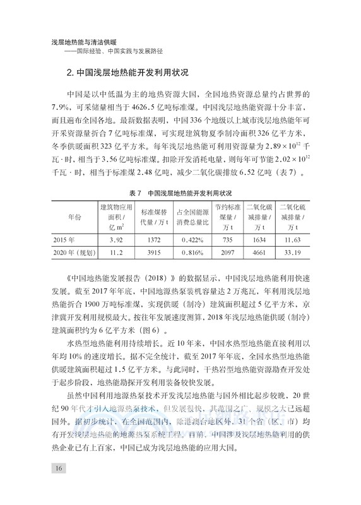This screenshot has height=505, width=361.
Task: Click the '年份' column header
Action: pos(74,217)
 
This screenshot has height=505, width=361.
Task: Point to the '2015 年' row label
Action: pos(65,240)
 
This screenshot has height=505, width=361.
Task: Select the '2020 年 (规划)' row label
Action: pos(74,253)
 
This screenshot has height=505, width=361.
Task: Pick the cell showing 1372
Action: pos(153,240)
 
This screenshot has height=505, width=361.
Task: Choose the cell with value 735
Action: pos(228,240)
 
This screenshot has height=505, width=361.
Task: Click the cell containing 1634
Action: pos(259,240)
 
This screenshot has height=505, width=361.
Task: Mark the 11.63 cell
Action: pos(292,240)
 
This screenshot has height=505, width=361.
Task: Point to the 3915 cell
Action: pos(153,253)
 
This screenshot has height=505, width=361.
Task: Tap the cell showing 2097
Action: pos(228,253)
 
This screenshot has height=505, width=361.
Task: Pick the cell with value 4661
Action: pos(259,253)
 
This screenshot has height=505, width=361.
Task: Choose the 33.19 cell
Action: pos(292,253)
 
